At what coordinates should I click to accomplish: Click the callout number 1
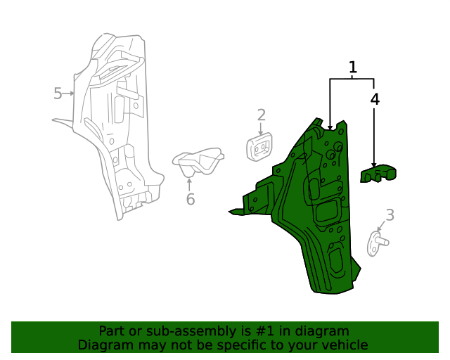(353, 67)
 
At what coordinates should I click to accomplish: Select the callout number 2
(261, 115)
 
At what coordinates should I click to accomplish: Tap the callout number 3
(390, 215)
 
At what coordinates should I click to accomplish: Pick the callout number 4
(375, 99)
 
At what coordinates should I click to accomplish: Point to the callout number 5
(58, 94)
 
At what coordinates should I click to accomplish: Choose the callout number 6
(191, 199)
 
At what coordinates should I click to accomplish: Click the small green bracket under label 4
(378, 174)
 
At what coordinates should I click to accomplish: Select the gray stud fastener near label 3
(378, 243)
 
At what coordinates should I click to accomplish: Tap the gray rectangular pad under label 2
(259, 147)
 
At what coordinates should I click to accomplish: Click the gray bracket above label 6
(198, 161)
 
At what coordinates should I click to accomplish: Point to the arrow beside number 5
(69, 94)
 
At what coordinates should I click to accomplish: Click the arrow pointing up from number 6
(189, 185)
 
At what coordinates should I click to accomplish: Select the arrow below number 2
(261, 129)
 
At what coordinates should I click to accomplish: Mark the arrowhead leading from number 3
(380, 229)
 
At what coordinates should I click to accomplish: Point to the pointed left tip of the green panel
(229, 212)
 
